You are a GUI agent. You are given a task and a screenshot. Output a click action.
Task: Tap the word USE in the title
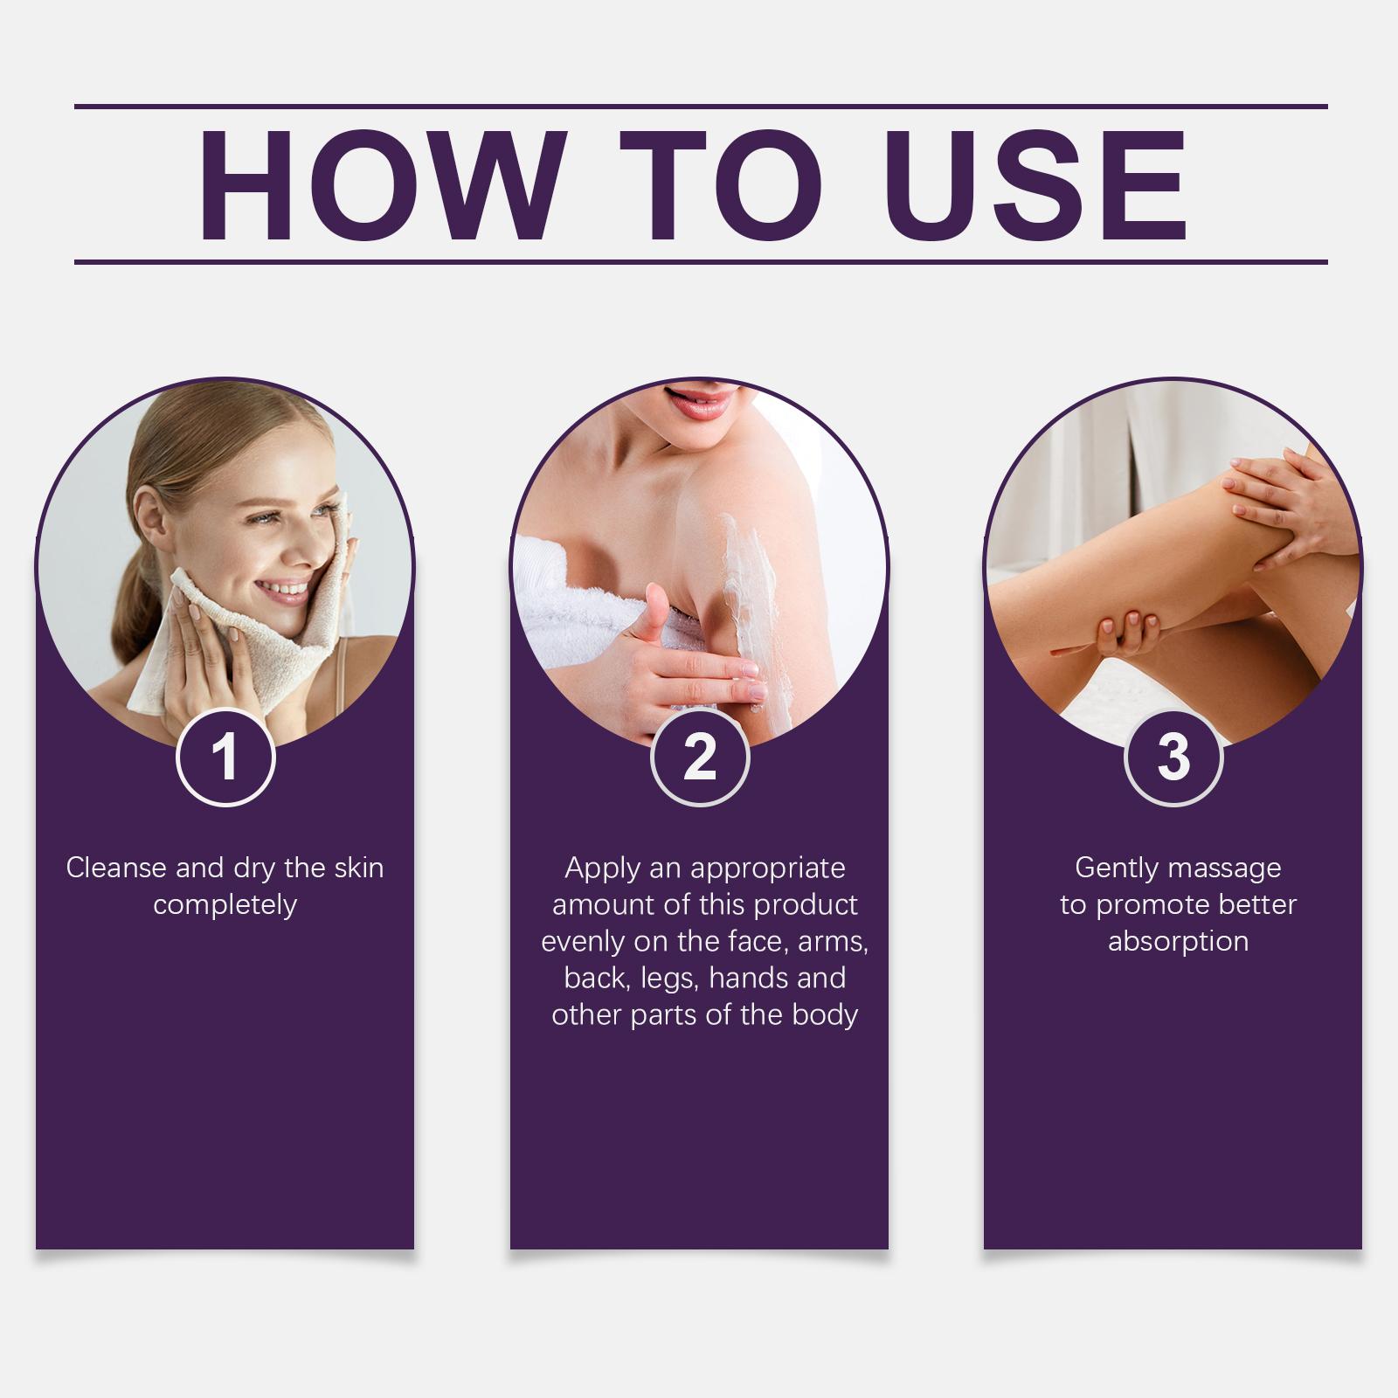[1041, 184]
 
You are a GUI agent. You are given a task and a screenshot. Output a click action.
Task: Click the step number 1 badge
[225, 757]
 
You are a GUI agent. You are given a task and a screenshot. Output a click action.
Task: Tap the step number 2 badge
[700, 757]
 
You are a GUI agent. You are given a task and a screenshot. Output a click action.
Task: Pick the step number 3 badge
[1173, 757]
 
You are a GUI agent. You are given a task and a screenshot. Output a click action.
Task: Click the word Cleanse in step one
[117, 868]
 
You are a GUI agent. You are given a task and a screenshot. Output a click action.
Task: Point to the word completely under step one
[225, 905]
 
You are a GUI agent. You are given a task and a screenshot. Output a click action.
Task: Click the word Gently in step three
[1117, 869]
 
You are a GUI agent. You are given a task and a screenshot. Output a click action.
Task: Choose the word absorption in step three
[1178, 943]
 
